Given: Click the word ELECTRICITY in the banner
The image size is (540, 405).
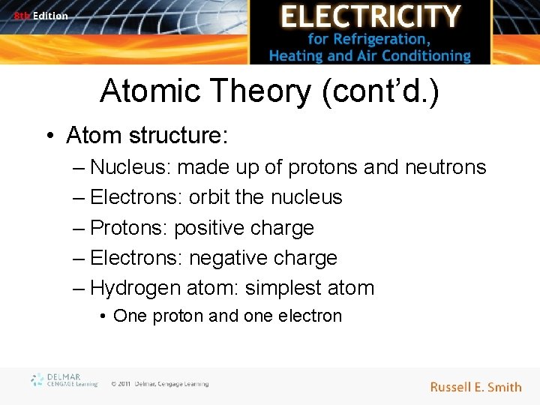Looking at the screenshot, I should (x=370, y=16).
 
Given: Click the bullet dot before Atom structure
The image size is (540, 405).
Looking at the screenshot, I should (x=51, y=136).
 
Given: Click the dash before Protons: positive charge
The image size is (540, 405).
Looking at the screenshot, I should (x=79, y=228).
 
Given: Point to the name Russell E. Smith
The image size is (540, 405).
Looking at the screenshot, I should (x=475, y=387).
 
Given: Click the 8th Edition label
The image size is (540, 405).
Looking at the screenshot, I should (x=40, y=15).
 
